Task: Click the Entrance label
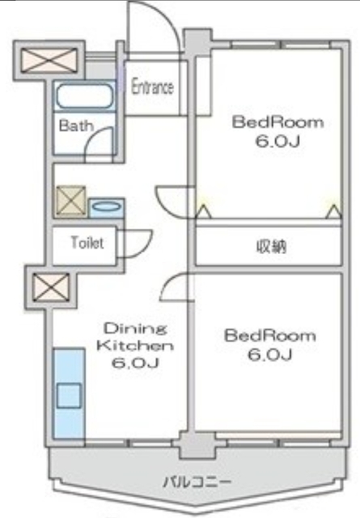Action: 152,87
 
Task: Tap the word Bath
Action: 76,125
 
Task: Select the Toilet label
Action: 87,243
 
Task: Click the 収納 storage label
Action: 272,247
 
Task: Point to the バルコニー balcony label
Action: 197,482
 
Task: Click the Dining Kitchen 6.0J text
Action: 135,346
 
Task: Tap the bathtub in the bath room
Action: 85,96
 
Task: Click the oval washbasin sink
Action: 106,207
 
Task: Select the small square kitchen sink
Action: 69,396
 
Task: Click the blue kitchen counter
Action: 70,393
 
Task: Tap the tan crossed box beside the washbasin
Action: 71,201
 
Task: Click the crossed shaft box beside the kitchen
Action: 51,287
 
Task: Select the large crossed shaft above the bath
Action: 49,60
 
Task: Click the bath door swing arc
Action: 91,135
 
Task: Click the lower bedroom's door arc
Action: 169,281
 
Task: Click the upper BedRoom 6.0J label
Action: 278,131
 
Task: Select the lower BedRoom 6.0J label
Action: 270,345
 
